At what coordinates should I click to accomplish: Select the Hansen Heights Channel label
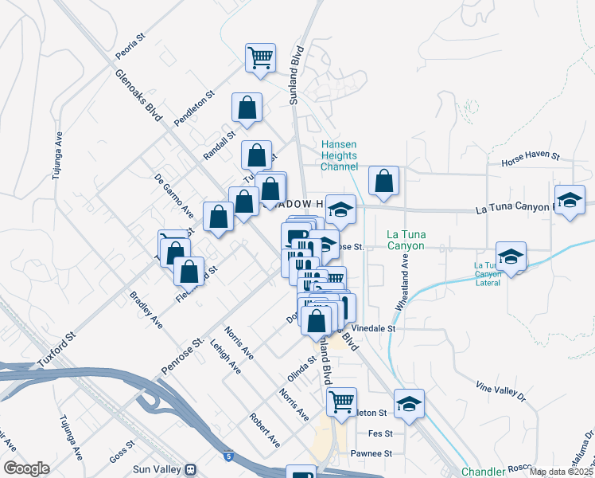[x=339, y=155]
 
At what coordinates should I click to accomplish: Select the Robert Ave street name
[x=265, y=429]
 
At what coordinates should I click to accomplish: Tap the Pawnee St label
[x=372, y=453]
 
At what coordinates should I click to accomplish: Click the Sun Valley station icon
[x=191, y=470]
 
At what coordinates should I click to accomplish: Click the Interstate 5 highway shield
[x=229, y=456]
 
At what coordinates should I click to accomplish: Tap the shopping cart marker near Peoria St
[x=260, y=58]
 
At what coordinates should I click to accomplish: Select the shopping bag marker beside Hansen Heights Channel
[x=383, y=182]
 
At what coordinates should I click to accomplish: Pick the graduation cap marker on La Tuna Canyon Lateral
[x=511, y=257]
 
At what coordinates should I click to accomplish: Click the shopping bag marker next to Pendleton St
[x=247, y=108]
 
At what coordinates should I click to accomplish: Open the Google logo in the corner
[x=26, y=468]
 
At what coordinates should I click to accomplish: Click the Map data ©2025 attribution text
[x=562, y=472]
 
